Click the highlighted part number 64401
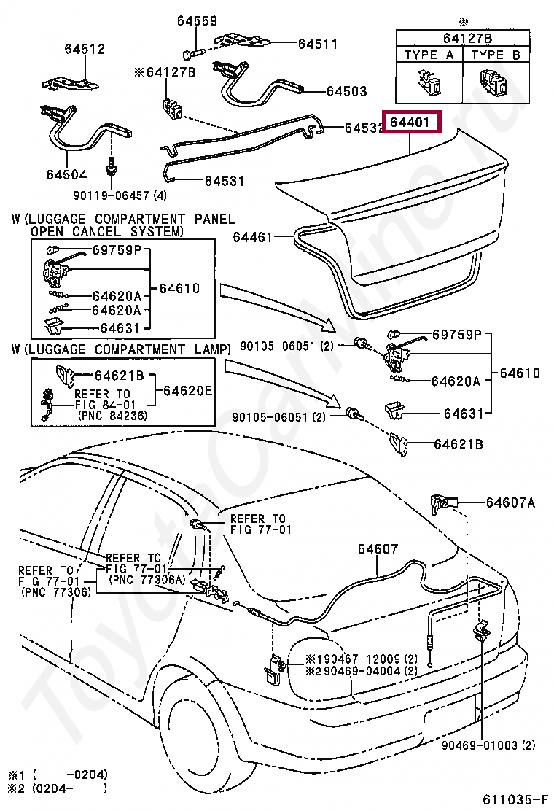409,123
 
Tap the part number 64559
198,20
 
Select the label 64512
85,49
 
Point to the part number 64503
347,91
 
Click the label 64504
66,174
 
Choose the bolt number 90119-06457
111,195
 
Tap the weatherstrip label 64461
252,237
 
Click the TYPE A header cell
429,55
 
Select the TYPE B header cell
496,55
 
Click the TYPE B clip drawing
494,82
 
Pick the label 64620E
187,390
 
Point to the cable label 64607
378,548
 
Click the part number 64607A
510,502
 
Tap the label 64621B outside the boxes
459,443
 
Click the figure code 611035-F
516,799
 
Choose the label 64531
225,181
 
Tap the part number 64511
317,44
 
